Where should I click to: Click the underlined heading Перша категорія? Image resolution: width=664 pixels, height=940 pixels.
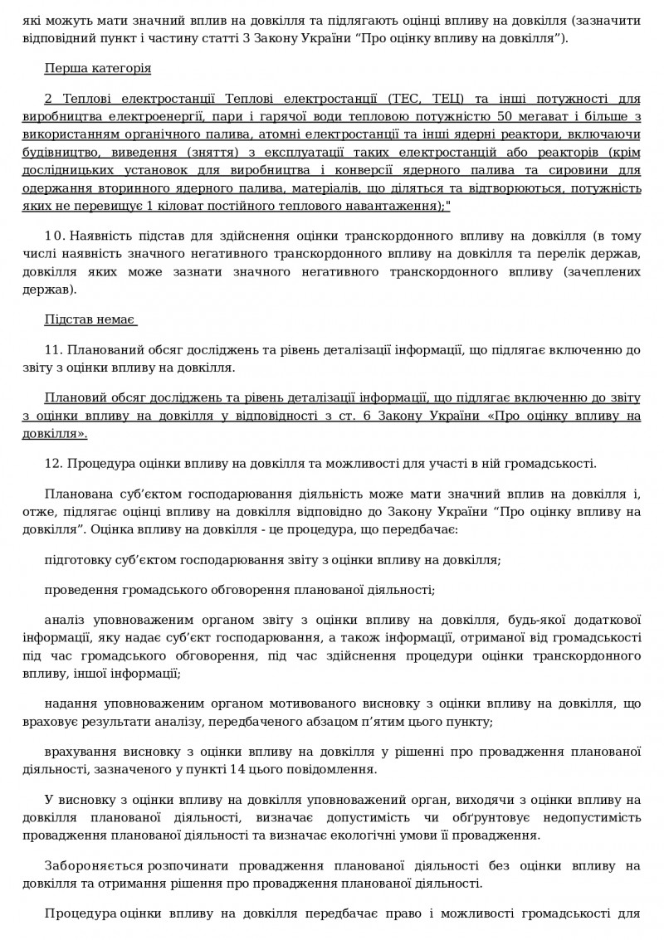(98, 68)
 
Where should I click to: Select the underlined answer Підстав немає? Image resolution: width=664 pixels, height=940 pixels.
(90, 320)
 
